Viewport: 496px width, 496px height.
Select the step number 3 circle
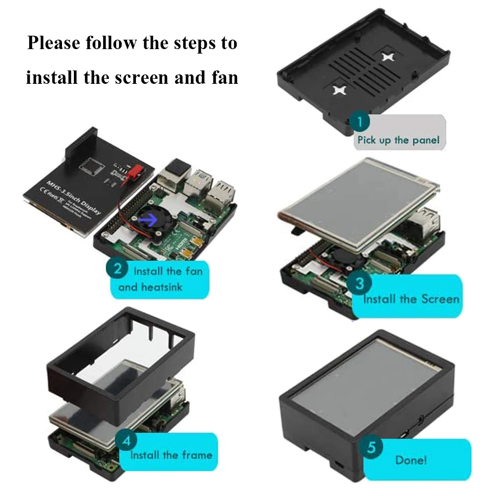(x=361, y=283)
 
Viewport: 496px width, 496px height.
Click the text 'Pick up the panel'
(x=398, y=140)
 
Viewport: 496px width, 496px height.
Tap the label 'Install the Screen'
(x=411, y=299)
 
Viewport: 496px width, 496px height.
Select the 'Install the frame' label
(x=171, y=455)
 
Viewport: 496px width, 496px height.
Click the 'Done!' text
(x=411, y=460)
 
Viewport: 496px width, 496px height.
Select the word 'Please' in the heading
(x=53, y=43)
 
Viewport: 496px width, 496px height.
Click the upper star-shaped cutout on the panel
(x=388, y=57)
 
